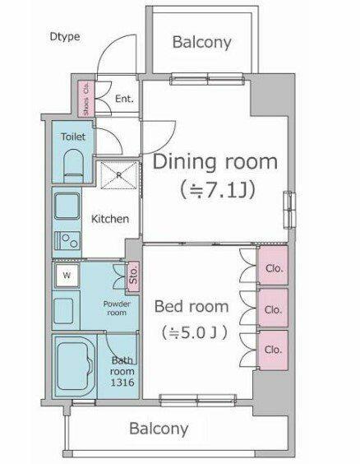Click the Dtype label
pyautogui.click(x=65, y=37)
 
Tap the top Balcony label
pyautogui.click(x=202, y=42)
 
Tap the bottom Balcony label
pyautogui.click(x=159, y=429)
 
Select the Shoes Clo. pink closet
pyautogui.click(x=86, y=99)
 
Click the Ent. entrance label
pyautogui.click(x=124, y=99)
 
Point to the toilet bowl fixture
pyautogui.click(x=73, y=165)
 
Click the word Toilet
pyautogui.click(x=73, y=137)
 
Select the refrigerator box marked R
pyautogui.click(x=119, y=175)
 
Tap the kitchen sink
pyautogui.click(x=67, y=206)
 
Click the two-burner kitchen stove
pyautogui.click(x=67, y=241)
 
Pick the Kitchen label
pyautogui.click(x=110, y=219)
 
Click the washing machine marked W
pyautogui.click(x=67, y=276)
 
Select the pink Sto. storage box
pyautogui.click(x=133, y=276)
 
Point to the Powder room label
pyautogui.click(x=117, y=308)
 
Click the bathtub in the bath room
pyautogui.click(x=76, y=366)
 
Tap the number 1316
pyautogui.click(x=122, y=383)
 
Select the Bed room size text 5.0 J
pyautogui.click(x=195, y=333)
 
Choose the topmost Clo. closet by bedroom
pyautogui.click(x=273, y=266)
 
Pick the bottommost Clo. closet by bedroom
pyautogui.click(x=273, y=350)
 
